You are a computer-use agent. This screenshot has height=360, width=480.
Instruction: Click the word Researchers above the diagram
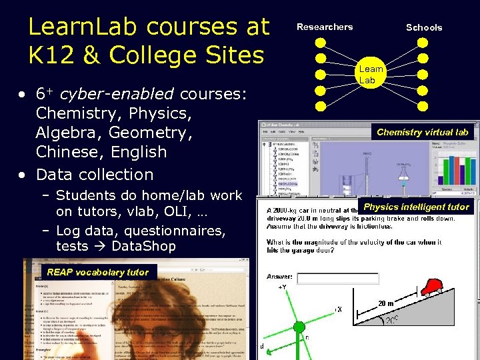click(x=325, y=27)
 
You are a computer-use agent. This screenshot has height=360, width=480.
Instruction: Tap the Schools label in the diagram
click(x=424, y=27)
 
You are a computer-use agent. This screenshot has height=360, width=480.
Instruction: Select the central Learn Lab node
click(x=371, y=75)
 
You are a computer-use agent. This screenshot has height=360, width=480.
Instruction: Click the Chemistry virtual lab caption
click(x=423, y=132)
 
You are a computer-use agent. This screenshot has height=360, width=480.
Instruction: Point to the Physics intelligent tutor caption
click(x=416, y=207)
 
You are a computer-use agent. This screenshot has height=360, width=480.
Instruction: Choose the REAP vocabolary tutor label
click(x=97, y=272)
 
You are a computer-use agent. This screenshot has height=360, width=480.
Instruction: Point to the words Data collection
click(x=95, y=174)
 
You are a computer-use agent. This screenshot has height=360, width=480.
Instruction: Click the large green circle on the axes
click(x=299, y=327)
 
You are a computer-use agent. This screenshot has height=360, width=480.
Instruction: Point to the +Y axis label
click(x=284, y=287)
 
